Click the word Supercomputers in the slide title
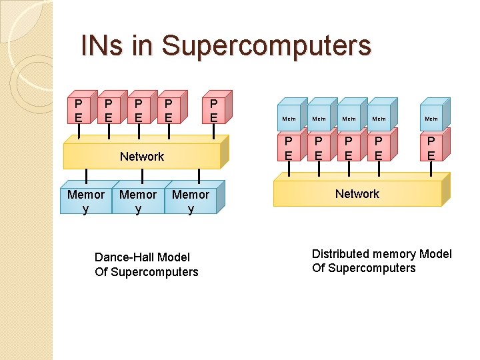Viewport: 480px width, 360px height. [x=266, y=46]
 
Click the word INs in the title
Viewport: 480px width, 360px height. [x=101, y=46]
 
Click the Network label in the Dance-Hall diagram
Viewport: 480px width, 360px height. [x=141, y=157]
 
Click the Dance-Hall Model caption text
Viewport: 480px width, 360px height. [x=146, y=264]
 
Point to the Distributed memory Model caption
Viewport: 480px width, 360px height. [x=381, y=261]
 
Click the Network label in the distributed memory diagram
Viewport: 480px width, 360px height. [x=357, y=194]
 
